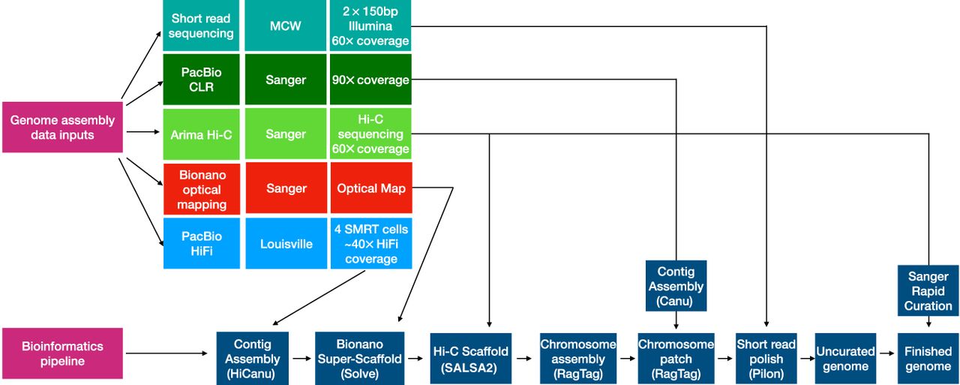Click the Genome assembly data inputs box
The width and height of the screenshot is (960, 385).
62,128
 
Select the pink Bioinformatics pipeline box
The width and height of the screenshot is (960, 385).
62,353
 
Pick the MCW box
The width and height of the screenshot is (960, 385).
285,26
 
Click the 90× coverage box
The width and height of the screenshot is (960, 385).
370,80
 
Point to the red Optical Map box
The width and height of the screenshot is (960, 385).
370,188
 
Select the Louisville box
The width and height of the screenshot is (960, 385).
285,243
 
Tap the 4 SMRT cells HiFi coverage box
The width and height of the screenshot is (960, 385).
370,243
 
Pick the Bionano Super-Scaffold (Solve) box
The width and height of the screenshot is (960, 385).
359,358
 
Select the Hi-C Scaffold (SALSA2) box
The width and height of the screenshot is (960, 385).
470,358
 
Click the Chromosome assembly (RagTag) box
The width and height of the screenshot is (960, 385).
577,358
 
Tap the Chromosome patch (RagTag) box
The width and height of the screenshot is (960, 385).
676,358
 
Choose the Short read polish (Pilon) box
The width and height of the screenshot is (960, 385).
765,358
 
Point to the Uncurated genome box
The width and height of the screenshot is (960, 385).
845,358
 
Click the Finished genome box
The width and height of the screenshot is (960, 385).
928,358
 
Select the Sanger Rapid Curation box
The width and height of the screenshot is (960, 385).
928,290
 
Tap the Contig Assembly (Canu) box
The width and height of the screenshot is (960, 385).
676,286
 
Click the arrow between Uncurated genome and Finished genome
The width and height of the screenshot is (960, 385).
886,358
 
